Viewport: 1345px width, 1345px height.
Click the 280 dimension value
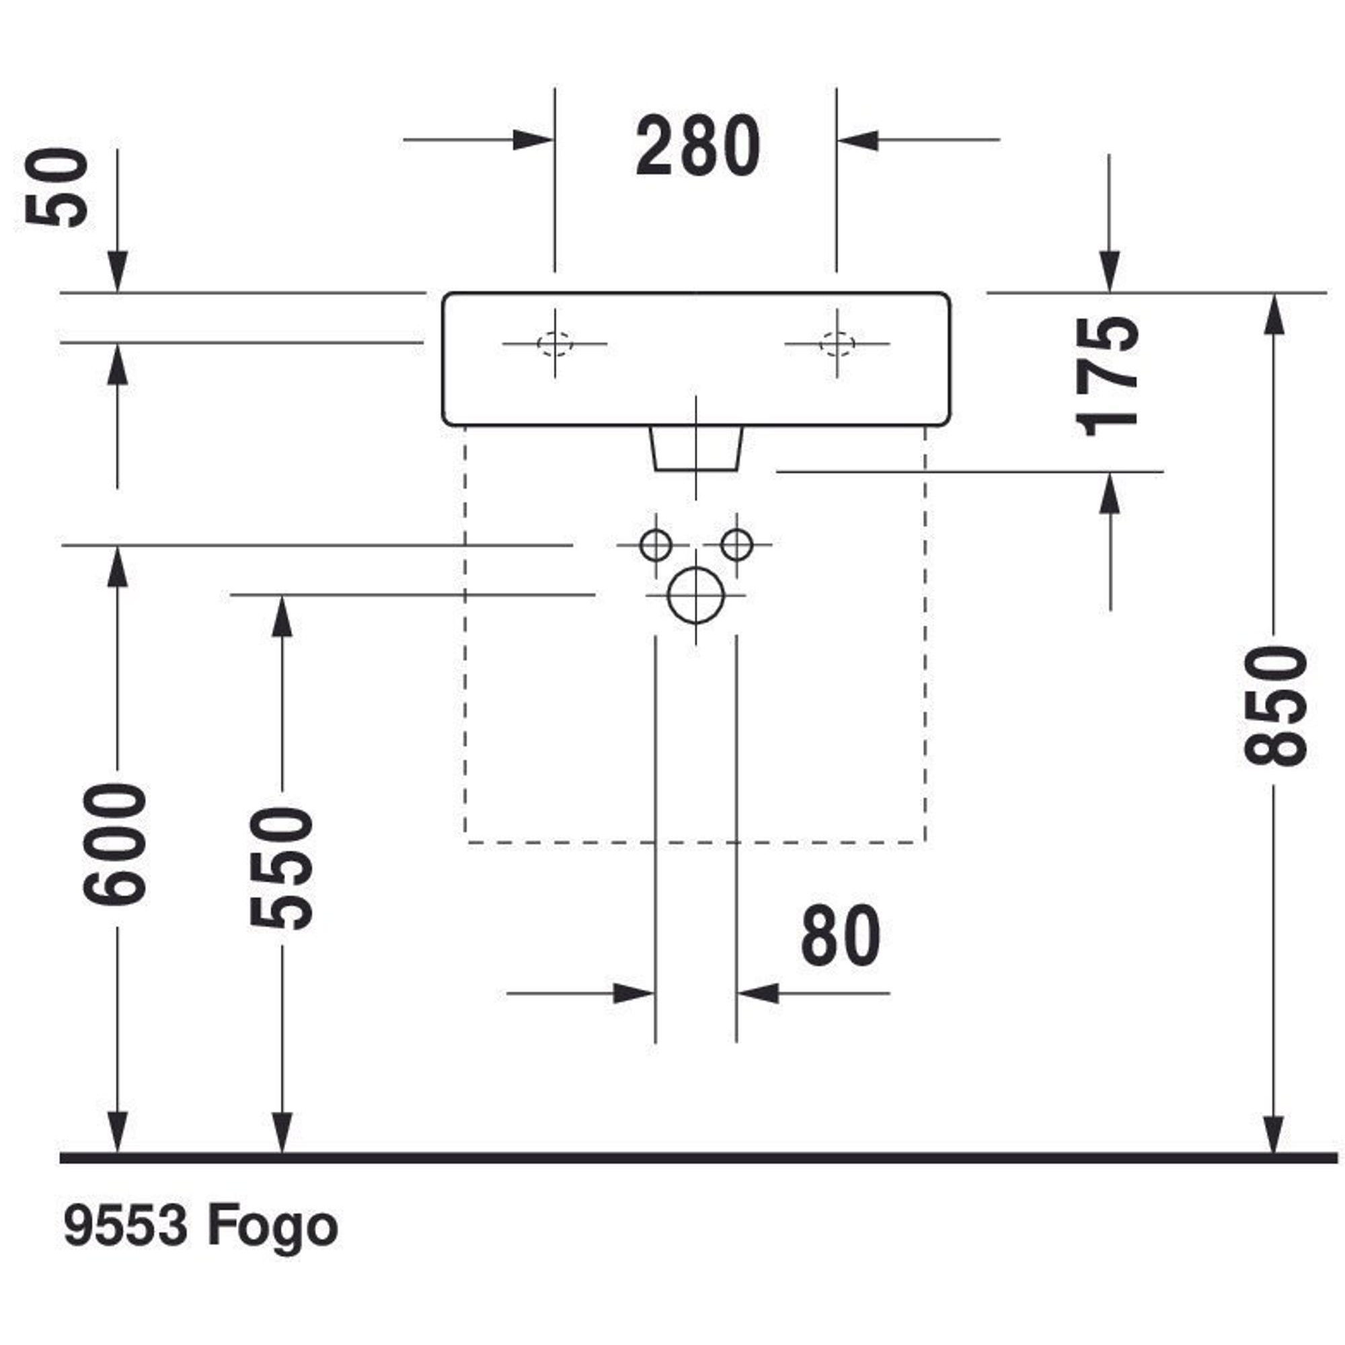click(697, 146)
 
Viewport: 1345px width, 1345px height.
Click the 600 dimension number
click(116, 844)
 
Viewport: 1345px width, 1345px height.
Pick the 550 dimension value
click(281, 868)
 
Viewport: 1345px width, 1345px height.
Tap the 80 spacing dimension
click(840, 936)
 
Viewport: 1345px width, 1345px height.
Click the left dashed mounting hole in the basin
click(555, 343)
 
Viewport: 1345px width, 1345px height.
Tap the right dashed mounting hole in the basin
click(837, 343)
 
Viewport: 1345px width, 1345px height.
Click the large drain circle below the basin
click(695, 595)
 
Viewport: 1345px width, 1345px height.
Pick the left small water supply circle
click(655, 545)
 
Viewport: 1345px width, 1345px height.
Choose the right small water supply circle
click(736, 545)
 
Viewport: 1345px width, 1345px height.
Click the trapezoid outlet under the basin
click(696, 449)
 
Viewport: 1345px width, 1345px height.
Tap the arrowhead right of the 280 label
click(857, 140)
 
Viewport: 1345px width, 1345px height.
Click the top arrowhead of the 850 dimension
click(1273, 315)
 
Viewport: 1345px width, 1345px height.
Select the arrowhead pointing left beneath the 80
click(757, 993)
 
